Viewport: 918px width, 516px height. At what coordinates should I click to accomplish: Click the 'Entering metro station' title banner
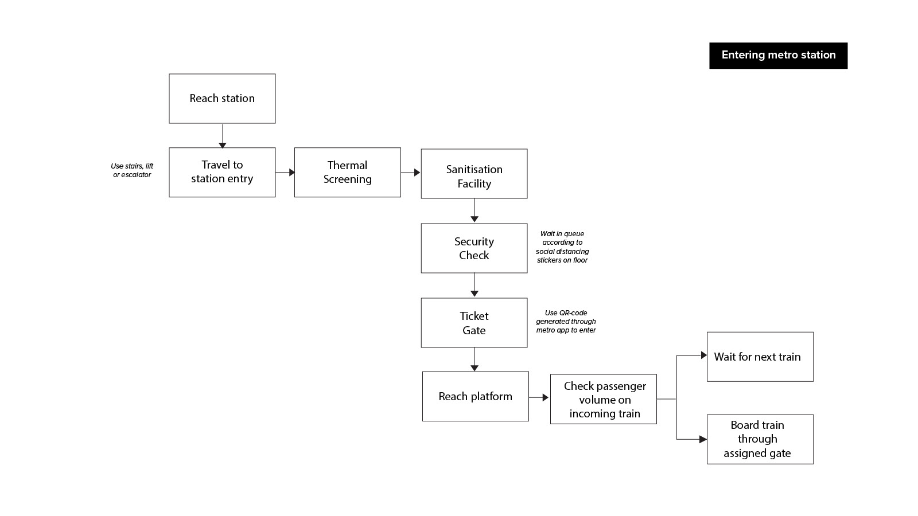[778, 55]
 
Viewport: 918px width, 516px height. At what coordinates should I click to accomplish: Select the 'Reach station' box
[222, 99]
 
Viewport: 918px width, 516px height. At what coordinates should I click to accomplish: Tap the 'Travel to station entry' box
[222, 173]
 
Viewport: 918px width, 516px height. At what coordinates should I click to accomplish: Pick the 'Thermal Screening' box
[348, 173]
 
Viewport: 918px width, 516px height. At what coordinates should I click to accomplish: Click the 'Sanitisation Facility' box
[474, 174]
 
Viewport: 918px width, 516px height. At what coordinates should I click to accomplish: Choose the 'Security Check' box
[474, 248]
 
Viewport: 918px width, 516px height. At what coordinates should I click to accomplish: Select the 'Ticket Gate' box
[474, 323]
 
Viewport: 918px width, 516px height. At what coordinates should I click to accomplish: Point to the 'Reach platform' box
[476, 396]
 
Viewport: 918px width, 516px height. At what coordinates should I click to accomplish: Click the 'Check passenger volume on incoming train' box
[603, 399]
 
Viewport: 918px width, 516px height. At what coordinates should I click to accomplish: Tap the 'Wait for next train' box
[760, 357]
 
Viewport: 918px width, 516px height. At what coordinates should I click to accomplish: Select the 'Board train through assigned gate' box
[760, 439]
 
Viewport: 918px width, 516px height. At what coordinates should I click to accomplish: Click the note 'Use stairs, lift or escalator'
[132, 170]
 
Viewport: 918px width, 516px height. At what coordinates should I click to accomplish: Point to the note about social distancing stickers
[562, 247]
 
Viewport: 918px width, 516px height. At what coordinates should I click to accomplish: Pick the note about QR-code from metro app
[566, 322]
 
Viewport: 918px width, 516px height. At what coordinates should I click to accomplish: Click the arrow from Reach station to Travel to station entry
[223, 136]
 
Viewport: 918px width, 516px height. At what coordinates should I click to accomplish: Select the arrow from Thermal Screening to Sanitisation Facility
[411, 173]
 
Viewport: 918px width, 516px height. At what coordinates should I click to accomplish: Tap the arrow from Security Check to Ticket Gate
[474, 285]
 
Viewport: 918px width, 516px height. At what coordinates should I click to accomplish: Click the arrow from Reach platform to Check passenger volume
[539, 397]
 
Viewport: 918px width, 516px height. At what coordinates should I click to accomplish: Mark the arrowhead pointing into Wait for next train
[703, 355]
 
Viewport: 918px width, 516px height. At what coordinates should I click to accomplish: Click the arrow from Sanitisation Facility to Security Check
[474, 210]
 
